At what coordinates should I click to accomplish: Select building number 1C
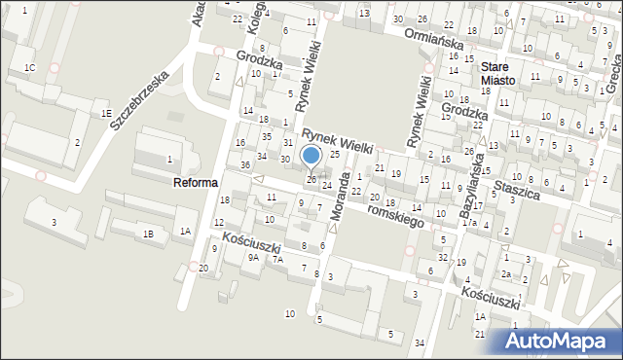pos(29,67)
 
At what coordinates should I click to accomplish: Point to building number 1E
pos(105,113)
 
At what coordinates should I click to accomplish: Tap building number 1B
pos(148,234)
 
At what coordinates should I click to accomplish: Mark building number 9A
pos(253,257)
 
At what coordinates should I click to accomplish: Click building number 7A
pos(277,259)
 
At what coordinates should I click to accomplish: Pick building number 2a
pos(506,274)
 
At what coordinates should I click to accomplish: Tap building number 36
pos(246,164)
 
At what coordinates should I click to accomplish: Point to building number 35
pos(266,136)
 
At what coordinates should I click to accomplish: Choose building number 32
pos(443,257)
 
